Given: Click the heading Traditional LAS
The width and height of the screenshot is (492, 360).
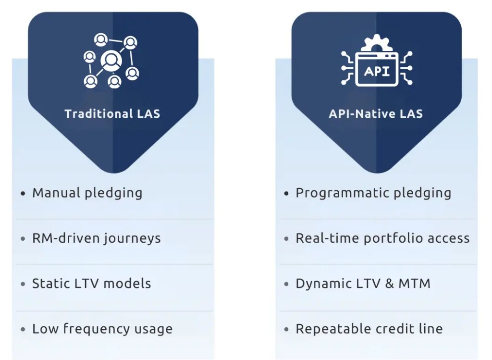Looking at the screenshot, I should coord(112,114).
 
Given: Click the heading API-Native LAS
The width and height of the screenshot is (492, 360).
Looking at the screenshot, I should coord(376,114).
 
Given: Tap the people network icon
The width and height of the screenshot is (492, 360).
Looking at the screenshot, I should coord(111,61).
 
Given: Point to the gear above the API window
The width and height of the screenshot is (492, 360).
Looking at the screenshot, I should coord(377,43).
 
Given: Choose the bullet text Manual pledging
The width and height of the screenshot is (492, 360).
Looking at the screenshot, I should coord(87,193).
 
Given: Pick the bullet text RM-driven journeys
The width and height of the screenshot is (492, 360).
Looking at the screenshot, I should coord(96,238).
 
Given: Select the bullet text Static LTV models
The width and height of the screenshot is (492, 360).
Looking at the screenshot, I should coord(91,284).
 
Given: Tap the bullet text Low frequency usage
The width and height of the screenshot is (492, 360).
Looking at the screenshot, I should coord(102,329).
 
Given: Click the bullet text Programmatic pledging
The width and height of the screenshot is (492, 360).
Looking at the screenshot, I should coord(373,193).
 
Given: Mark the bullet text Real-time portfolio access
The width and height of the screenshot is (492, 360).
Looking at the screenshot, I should coord(382,238).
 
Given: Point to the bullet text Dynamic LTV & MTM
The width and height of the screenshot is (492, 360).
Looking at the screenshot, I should coord(363,284).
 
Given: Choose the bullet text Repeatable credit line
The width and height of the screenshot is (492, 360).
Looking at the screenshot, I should coord(369,329).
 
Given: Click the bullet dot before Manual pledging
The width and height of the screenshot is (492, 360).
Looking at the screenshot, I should coord(23,194).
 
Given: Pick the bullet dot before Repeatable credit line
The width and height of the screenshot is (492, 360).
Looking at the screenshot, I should coord(286,330).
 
